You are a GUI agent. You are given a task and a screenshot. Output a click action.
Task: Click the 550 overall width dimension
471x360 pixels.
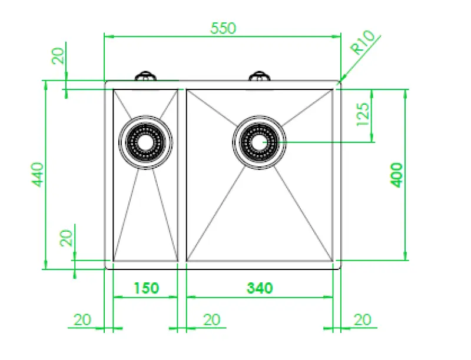pos(223,28)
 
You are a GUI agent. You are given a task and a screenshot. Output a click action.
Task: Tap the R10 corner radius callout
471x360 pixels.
pos(363,45)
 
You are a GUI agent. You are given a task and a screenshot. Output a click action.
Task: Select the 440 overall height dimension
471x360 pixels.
pos(37,175)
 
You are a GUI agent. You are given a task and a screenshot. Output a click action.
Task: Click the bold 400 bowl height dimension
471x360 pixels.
pos(397,175)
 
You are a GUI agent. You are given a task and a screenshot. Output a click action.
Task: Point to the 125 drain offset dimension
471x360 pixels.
pos(363,115)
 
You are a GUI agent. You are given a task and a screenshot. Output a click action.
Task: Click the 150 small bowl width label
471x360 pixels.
pos(145,288)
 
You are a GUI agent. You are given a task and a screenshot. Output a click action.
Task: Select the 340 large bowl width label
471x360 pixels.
pos(260,288)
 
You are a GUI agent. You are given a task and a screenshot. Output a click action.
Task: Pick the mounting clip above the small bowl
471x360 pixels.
pos(145,76)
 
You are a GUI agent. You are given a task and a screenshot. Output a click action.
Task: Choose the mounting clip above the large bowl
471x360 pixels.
pos(259,76)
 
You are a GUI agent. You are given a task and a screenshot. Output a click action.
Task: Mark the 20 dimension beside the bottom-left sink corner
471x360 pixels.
pos(66,238)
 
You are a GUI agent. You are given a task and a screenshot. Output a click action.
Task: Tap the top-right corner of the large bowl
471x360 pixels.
pos(333,89)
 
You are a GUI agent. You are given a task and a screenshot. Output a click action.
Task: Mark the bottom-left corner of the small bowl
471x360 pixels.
pos(113,261)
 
